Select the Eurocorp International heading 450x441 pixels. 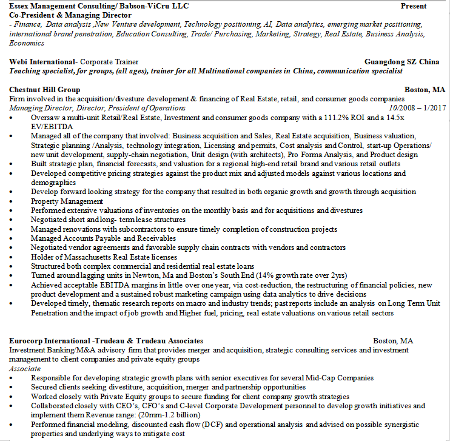click(x=54, y=341)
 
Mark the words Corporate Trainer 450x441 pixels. click(x=109, y=62)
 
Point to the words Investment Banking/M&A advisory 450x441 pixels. click(x=56, y=350)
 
